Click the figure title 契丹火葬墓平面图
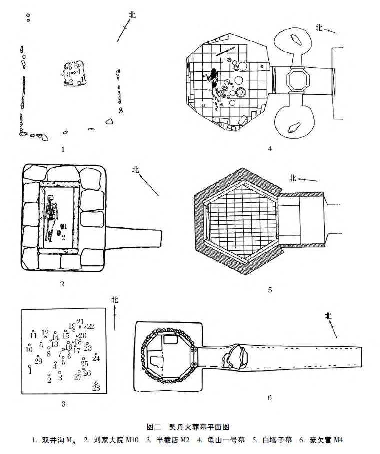[x=199, y=427]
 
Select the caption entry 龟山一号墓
[x=226, y=440]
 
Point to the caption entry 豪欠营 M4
[x=326, y=440]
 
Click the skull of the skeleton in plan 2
[x=51, y=199]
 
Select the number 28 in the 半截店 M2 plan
[x=96, y=388]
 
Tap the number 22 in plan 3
[x=91, y=326]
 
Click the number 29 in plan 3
[x=38, y=361]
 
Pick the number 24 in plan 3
[x=96, y=358]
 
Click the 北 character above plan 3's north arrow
[x=115, y=300]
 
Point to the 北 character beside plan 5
[x=293, y=178]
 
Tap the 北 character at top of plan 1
[x=132, y=15]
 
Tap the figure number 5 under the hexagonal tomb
[x=270, y=289]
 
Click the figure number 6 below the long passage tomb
[x=270, y=397]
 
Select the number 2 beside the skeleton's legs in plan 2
[x=63, y=237]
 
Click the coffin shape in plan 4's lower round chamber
[x=294, y=128]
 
